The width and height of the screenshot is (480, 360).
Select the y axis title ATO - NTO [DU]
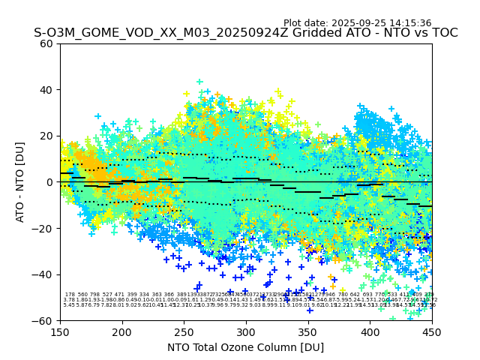coord(20,182)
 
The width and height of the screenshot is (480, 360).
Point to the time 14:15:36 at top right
coord(411,23)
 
